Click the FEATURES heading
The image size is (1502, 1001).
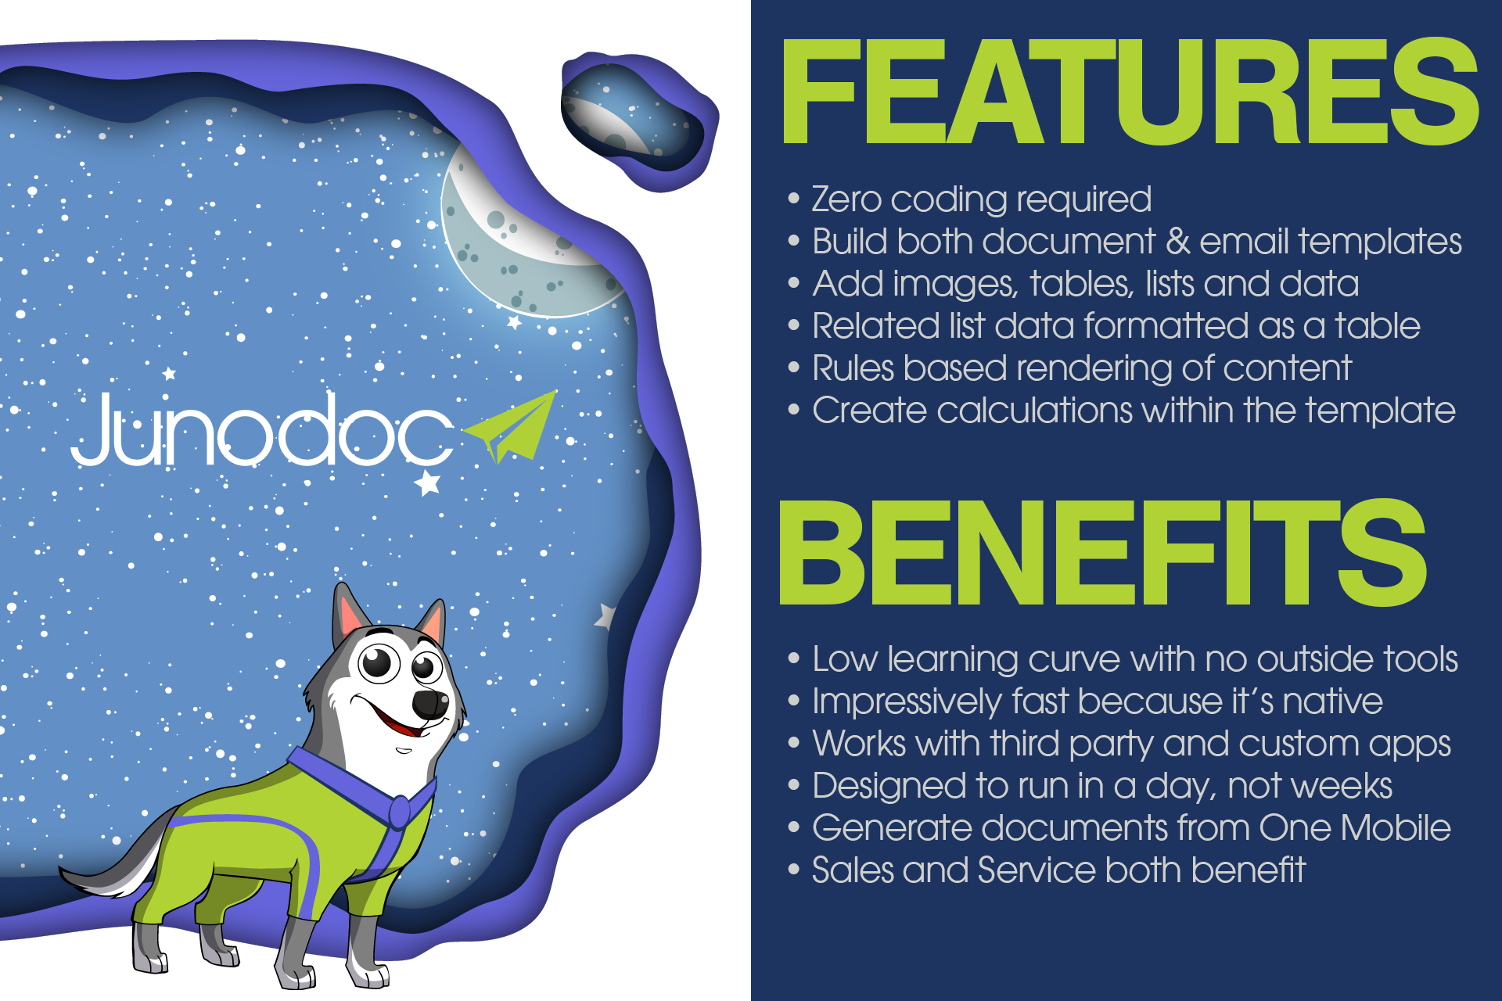click(x=1130, y=91)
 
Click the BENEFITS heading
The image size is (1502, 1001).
click(x=1103, y=552)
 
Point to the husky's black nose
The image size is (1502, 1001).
click(x=430, y=703)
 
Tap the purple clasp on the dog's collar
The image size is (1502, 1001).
click(x=400, y=811)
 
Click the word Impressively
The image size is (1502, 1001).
click(x=907, y=702)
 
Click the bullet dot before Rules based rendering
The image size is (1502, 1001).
click(x=794, y=368)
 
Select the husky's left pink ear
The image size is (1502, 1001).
click(x=350, y=614)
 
